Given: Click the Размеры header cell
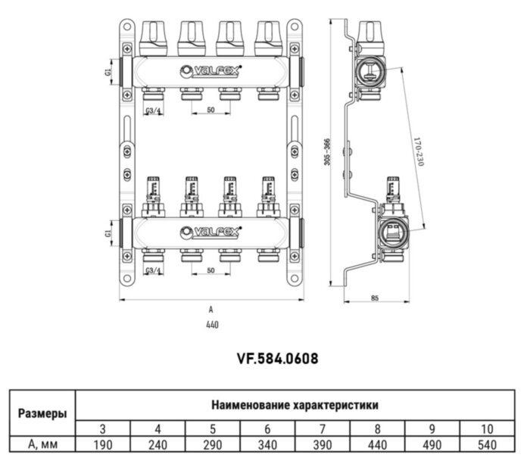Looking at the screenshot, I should pos(42,413).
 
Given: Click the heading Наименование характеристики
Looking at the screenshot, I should pos(295,405).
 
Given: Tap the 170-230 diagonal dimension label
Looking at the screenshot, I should pos(417,152).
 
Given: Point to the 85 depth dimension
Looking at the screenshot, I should pos(374,297).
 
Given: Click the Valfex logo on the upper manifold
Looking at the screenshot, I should pos(210,72).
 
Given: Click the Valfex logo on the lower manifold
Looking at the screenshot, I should pos(210,231).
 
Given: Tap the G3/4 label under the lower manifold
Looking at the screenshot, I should pos(153,270).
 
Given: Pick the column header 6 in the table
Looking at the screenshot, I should pos(268,428).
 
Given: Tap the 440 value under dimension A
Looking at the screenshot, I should pos(212,325).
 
